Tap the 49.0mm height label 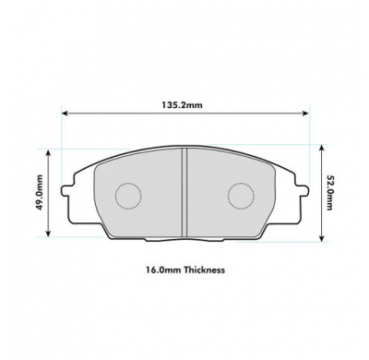39,193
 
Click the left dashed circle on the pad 128,196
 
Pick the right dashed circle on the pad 241,196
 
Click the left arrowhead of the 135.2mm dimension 65,115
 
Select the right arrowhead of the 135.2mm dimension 304,115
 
